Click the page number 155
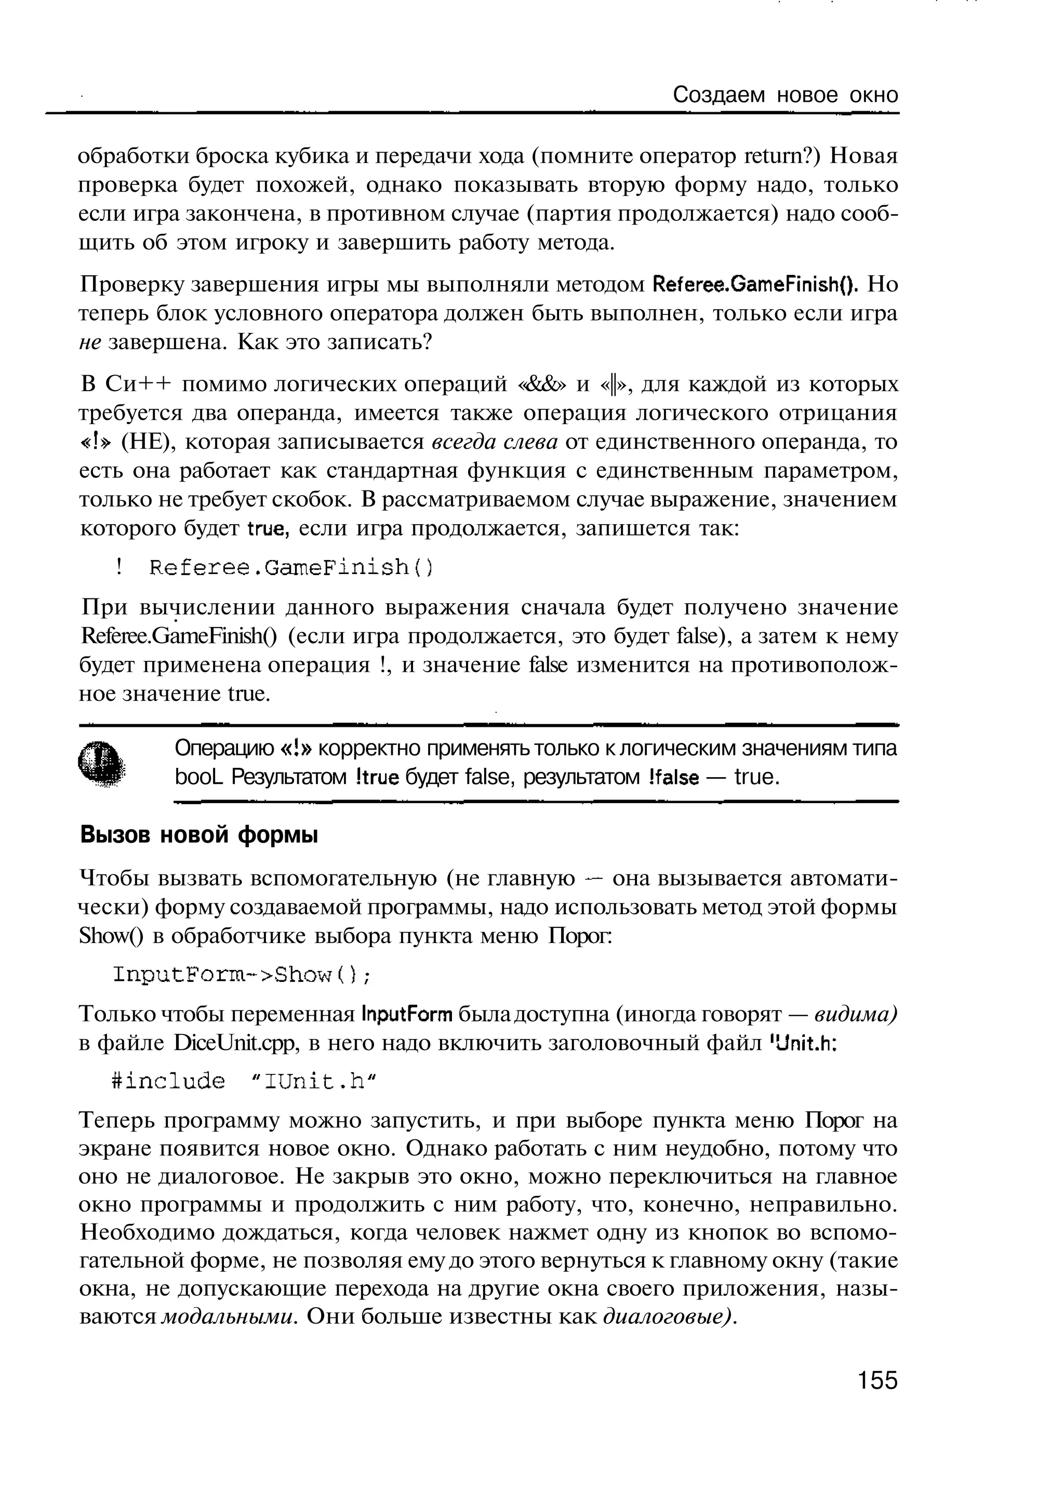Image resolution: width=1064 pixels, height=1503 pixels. (877, 1380)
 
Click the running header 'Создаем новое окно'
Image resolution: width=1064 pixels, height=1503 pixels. (786, 96)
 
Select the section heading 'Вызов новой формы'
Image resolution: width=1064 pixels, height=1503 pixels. (198, 835)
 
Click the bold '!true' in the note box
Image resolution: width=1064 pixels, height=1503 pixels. (376, 778)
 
